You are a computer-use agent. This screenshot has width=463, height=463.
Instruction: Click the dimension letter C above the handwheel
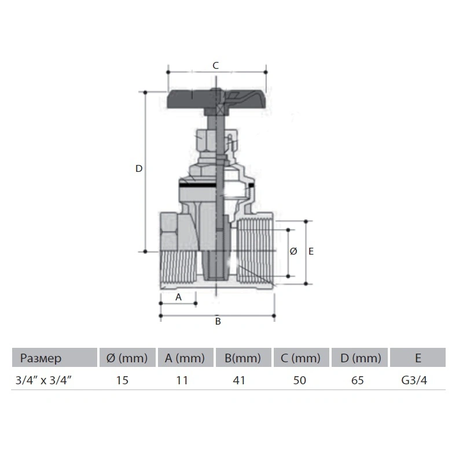[215, 65]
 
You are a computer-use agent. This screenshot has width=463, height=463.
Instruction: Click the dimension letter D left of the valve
[139, 168]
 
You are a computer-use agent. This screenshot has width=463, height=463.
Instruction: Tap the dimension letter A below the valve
[178, 297]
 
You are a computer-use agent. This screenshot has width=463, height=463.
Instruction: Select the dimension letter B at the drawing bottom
[218, 321]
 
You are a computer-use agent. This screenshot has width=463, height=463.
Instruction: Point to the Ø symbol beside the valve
[293, 251]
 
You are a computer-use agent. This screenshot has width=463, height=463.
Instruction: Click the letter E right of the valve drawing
[311, 251]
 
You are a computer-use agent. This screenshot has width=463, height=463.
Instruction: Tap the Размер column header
[41, 358]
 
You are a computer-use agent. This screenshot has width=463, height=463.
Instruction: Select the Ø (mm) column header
[127, 358]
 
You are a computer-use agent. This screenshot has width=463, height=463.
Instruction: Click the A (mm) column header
[185, 358]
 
